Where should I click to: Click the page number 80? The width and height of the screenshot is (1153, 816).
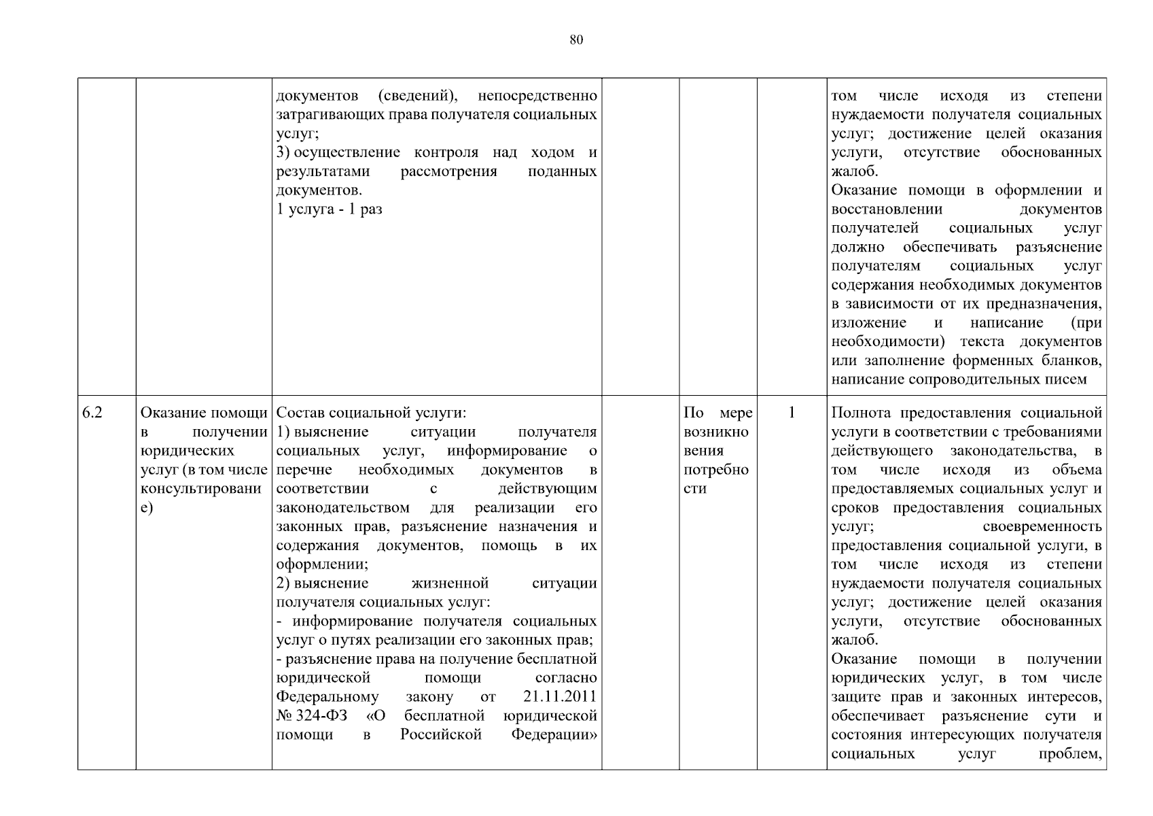click(x=575, y=40)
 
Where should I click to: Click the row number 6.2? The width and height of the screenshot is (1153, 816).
click(x=92, y=413)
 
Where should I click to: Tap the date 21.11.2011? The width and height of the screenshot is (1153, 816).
click(x=560, y=697)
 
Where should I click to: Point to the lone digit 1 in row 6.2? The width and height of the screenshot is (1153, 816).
click(x=792, y=413)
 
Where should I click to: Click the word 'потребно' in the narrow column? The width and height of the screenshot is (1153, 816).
click(x=716, y=470)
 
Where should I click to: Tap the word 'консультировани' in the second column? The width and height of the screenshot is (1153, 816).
click(x=201, y=489)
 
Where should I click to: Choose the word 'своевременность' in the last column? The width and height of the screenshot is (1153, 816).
click(x=1042, y=527)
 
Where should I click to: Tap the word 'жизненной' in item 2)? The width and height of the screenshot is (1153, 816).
click(x=450, y=583)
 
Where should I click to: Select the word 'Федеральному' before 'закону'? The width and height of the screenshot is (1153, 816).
click(x=327, y=697)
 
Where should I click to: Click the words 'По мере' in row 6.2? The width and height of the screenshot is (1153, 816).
click(x=717, y=413)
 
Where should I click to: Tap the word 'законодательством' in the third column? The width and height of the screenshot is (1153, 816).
click(x=342, y=508)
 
